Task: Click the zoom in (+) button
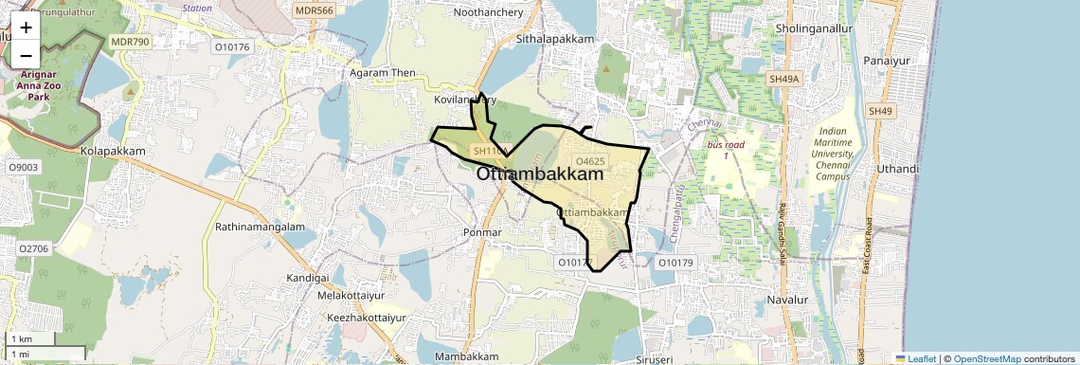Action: coord(26,27)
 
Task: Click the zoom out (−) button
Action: coord(26,55)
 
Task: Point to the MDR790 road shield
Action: coord(130,42)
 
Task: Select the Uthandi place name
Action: coord(898,169)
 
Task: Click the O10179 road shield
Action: coord(675,263)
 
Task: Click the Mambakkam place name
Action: coord(466,356)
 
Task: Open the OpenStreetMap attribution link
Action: coord(986,359)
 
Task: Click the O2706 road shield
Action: coord(32,248)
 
